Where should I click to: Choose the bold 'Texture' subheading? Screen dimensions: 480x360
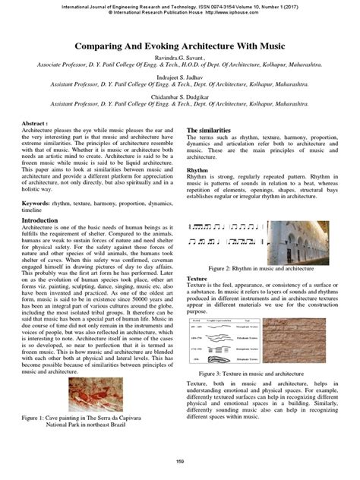[x=197, y=280]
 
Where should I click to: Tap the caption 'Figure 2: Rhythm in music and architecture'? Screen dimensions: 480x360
[x=261, y=269]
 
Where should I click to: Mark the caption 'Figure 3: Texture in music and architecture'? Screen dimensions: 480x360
[x=261, y=374]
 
